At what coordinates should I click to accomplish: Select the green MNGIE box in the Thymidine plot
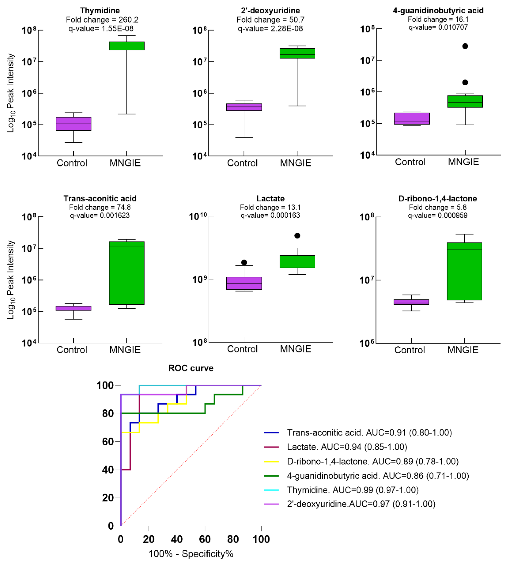tap(127, 46)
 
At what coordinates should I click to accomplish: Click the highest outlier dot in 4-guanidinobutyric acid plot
tap(465, 46)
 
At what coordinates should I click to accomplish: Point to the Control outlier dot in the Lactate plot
tap(244, 262)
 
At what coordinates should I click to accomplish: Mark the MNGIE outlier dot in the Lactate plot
tap(297, 236)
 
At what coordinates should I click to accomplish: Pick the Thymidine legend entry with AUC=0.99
tap(352, 490)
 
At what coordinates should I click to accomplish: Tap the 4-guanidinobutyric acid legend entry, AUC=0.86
tap(378, 476)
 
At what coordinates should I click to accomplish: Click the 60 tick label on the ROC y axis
tap(108, 442)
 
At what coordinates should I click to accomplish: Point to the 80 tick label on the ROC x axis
tap(233, 539)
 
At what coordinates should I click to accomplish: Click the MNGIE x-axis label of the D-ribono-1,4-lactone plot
tap(463, 350)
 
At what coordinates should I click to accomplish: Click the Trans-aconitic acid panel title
tap(100, 198)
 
